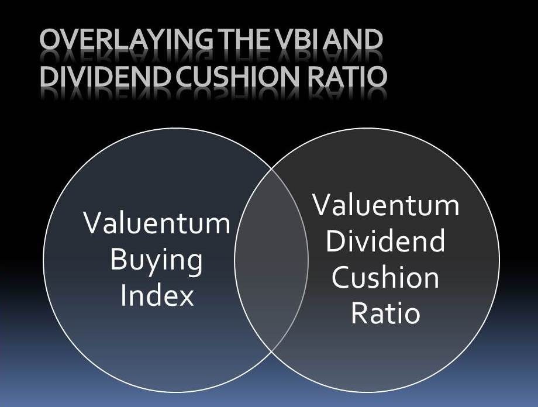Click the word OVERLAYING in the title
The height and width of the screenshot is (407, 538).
point(126,39)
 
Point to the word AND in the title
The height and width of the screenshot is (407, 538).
point(353,39)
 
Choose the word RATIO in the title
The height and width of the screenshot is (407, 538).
point(347,76)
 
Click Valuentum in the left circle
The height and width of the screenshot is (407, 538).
point(157,223)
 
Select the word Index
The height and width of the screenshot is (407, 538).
point(157,296)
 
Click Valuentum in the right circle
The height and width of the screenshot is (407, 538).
point(387,205)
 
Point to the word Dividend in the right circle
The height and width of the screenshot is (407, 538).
point(385,241)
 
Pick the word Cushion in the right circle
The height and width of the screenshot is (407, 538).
point(385,277)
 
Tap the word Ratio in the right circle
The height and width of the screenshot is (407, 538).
point(385,313)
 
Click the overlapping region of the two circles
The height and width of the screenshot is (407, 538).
point(271,260)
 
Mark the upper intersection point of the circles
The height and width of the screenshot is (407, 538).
point(271,168)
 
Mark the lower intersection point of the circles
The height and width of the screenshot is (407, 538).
point(271,352)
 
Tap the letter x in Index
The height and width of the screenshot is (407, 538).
point(186,298)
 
